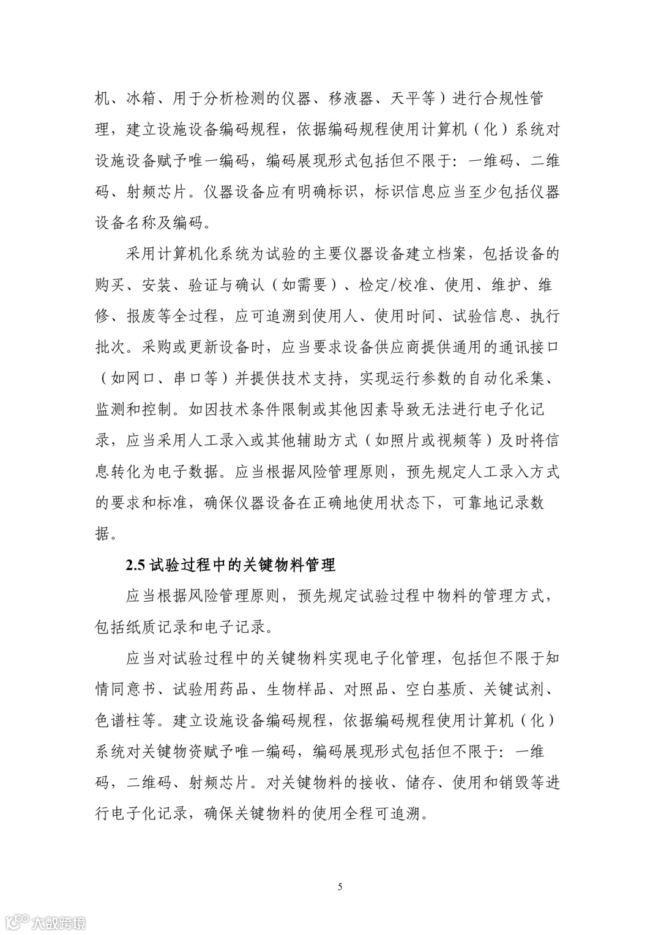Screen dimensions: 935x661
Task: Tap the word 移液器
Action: [x=343, y=98]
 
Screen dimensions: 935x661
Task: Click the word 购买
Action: [x=110, y=285]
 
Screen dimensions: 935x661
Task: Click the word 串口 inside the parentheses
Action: [x=187, y=379]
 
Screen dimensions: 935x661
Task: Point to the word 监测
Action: [x=110, y=409]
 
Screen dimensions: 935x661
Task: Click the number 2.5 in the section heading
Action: [x=135, y=565]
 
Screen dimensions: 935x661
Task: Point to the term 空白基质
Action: [x=436, y=689]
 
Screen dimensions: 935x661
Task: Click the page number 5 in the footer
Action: [x=340, y=887]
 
